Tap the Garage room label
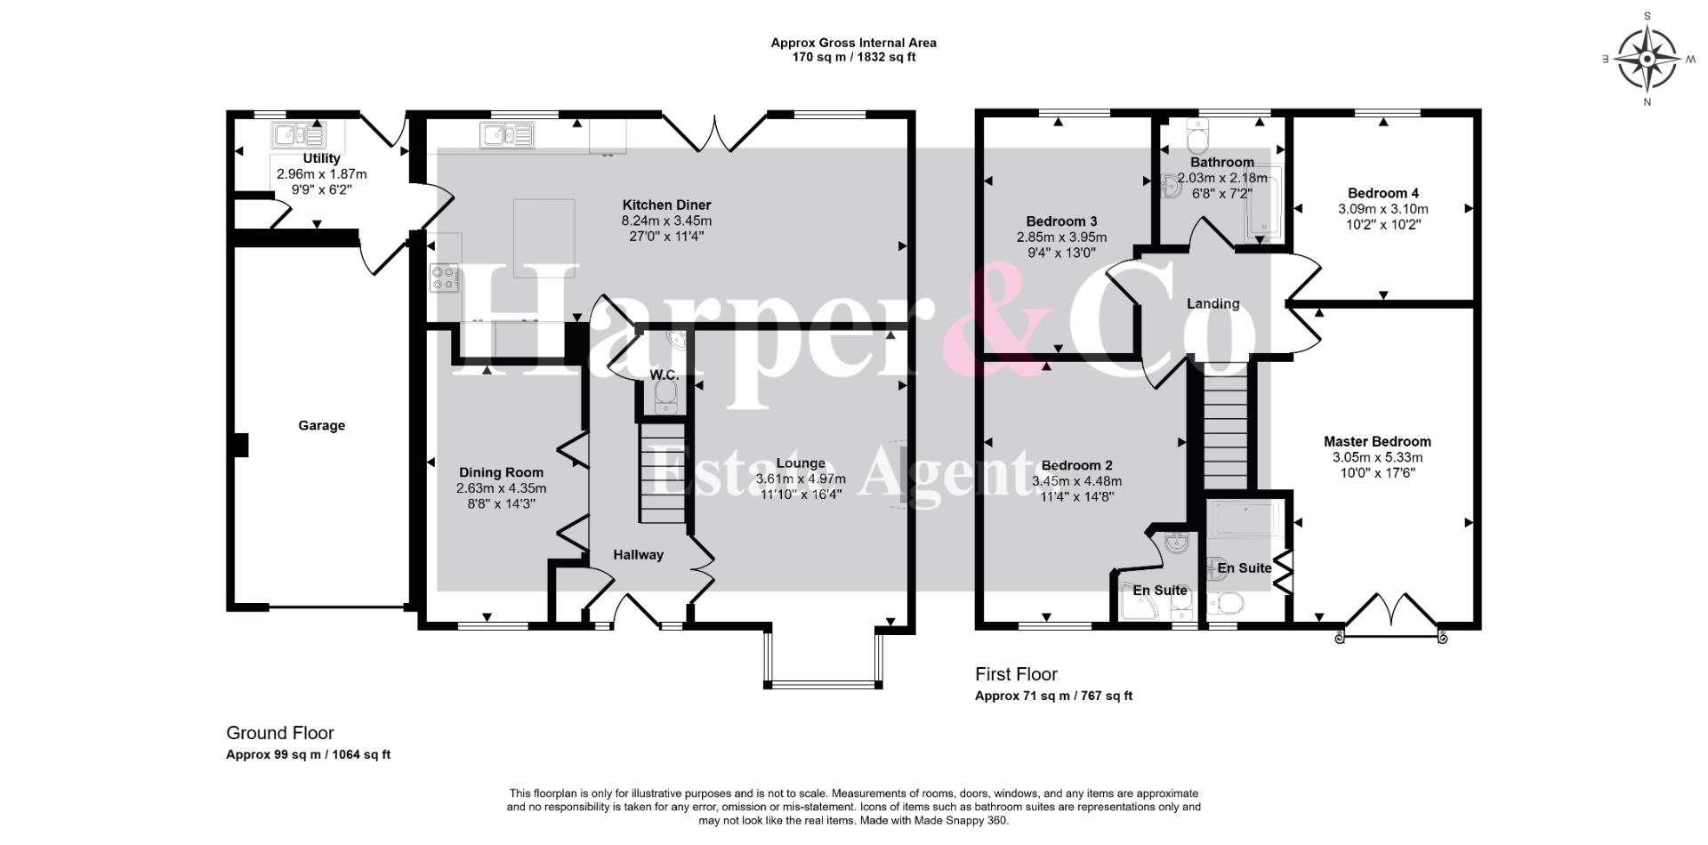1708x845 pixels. [x=321, y=426]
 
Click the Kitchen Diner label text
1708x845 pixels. [x=666, y=205]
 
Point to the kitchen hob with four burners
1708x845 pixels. [x=445, y=278]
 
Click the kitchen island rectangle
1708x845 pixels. [x=544, y=237]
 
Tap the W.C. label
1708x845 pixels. [x=664, y=375]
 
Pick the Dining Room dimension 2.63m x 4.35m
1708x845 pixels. [x=501, y=488]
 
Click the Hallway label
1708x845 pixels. [x=638, y=555]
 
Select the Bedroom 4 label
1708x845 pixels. [x=1382, y=193]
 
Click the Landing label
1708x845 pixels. [x=1213, y=304]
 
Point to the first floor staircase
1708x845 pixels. [x=1226, y=430]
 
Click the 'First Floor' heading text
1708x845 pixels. [x=1016, y=674]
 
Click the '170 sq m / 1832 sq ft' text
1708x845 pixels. [x=854, y=57]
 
